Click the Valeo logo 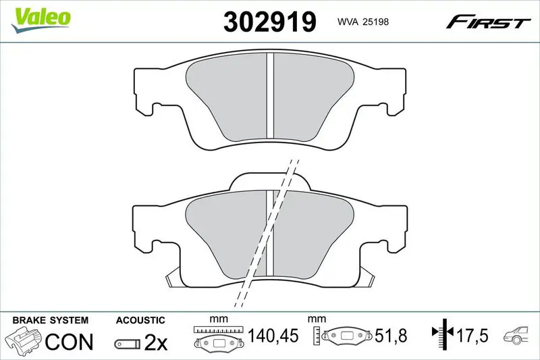(40, 20)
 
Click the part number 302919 (269, 22)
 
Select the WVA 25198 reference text (363, 22)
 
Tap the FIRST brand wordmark (487, 22)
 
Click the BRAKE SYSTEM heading (50, 320)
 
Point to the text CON (70, 341)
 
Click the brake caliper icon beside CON (24, 340)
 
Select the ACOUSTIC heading (140, 320)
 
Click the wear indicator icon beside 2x (128, 344)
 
